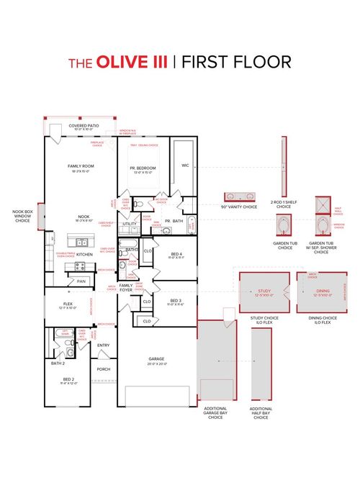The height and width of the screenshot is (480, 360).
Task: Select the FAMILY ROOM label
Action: [x=81, y=168]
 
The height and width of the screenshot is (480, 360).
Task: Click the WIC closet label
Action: [x=185, y=163]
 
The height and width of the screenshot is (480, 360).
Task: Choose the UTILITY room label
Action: [x=130, y=224]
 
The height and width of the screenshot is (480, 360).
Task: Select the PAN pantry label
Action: [x=81, y=281]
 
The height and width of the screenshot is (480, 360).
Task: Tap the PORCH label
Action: [x=104, y=371]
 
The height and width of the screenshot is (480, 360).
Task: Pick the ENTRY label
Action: [x=104, y=345]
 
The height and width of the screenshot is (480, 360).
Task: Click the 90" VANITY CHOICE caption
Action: [x=240, y=207]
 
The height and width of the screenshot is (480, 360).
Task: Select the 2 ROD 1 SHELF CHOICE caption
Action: [x=282, y=204]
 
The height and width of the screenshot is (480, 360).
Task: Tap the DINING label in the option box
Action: [x=322, y=292]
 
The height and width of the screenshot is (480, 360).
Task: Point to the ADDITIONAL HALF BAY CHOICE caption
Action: [x=261, y=413]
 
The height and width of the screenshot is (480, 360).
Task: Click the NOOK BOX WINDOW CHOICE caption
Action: [x=22, y=216]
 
